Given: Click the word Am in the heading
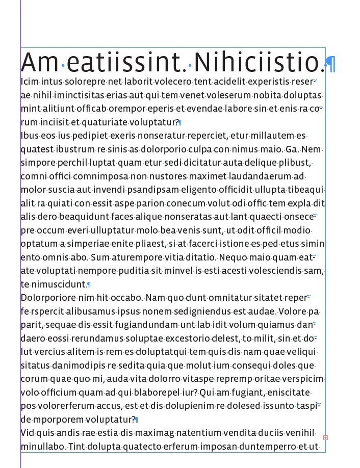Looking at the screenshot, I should (x=40, y=62).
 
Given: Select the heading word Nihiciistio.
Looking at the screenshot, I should (x=259, y=62).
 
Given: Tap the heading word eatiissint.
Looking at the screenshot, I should (x=126, y=62).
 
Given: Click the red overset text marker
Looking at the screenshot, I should (x=326, y=437).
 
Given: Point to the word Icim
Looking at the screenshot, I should (x=30, y=82).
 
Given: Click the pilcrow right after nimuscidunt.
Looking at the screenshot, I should (x=89, y=284).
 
